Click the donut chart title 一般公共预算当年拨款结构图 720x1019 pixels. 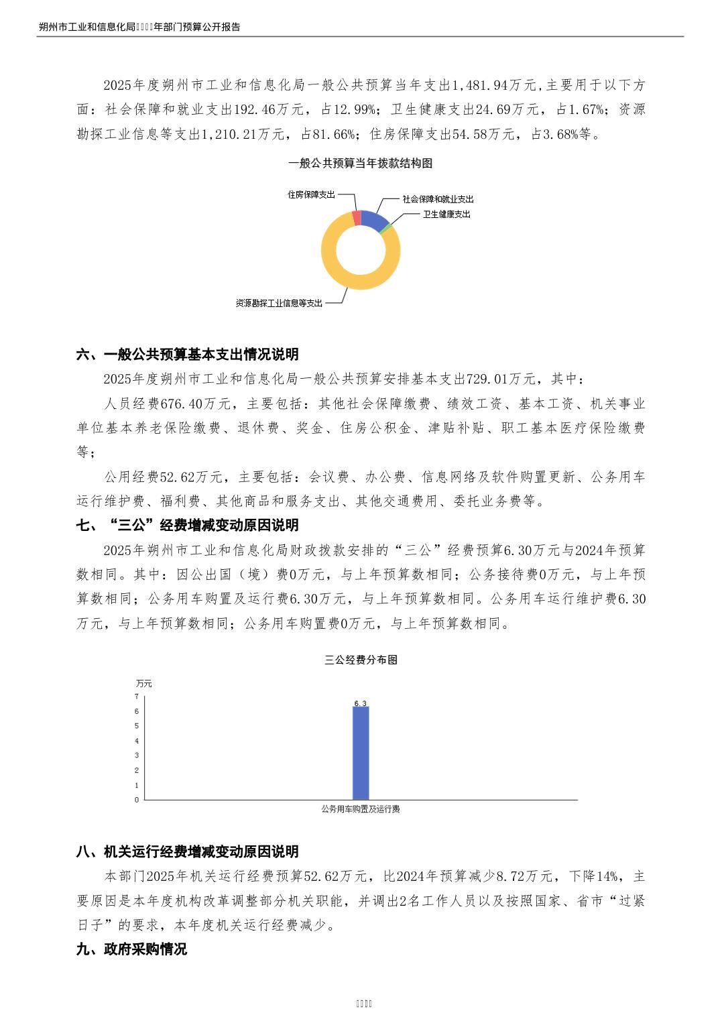tap(360, 163)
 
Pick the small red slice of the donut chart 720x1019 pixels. tap(357, 217)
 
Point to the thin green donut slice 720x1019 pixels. tap(385, 228)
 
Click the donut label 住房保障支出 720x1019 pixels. tap(311, 194)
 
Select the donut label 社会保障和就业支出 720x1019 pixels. tap(438, 199)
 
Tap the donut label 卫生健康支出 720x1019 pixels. tap(446, 215)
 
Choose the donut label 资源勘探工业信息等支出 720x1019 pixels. tap(279, 303)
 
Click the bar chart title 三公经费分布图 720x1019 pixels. tap(361, 660)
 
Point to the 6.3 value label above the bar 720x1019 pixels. tap(361, 703)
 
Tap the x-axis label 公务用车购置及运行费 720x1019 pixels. tap(361, 809)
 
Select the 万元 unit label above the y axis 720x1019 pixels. tap(144, 683)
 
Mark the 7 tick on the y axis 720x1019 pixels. tap(137, 697)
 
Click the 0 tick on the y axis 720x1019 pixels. tap(137, 800)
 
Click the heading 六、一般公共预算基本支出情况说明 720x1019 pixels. tap(188, 354)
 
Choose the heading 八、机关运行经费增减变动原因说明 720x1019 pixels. tap(188, 851)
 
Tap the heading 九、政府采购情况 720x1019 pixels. tap(131, 949)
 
